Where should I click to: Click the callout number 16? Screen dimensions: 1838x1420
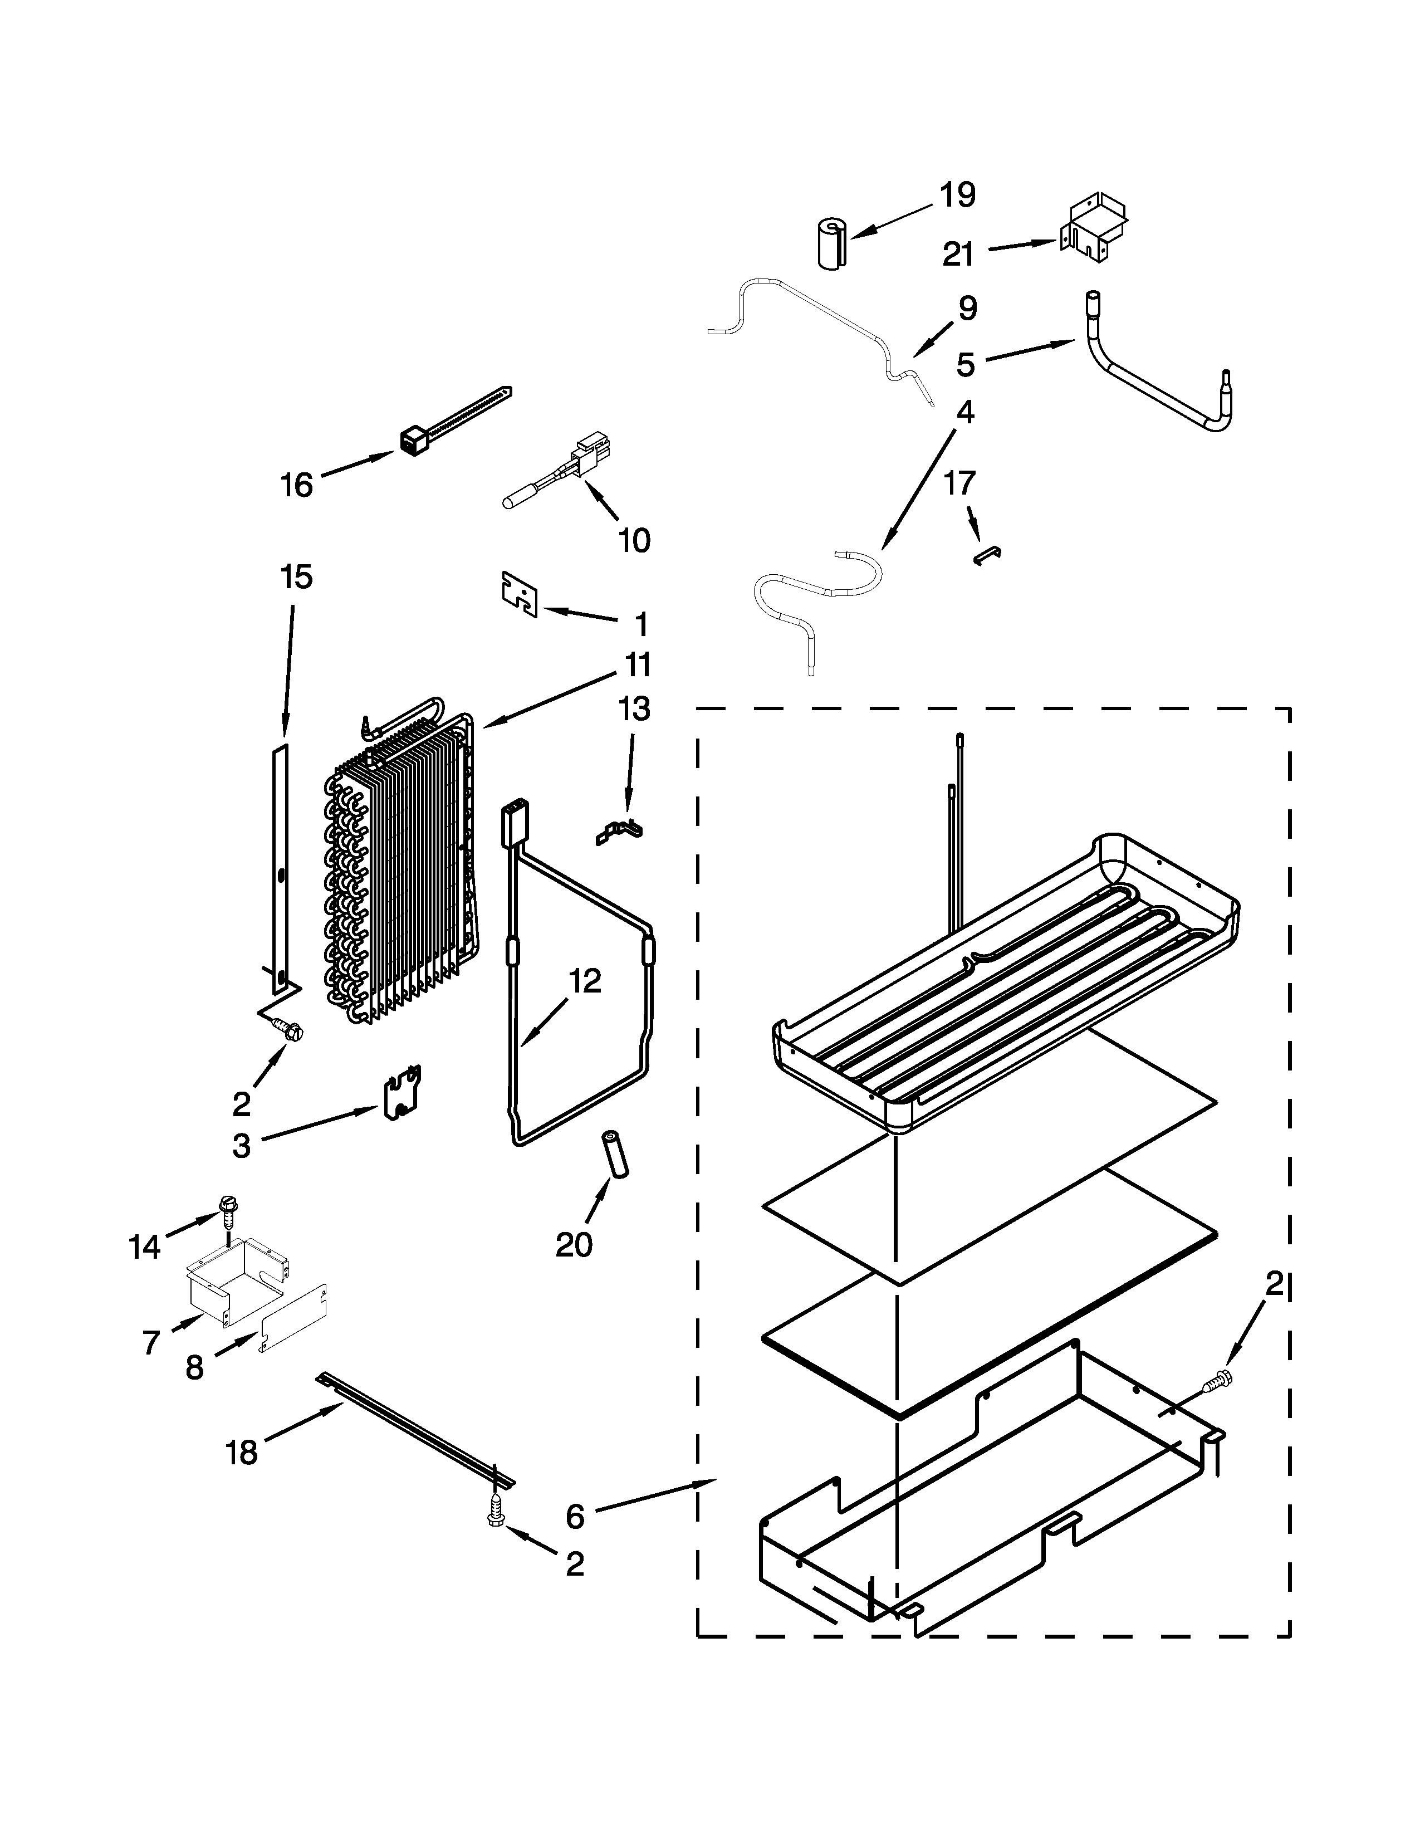(x=296, y=486)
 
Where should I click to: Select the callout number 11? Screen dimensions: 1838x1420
(x=637, y=665)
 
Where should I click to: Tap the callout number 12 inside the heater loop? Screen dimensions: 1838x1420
(x=585, y=980)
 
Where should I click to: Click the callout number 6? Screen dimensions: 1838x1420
(x=575, y=1517)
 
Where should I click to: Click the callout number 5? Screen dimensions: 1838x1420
(x=965, y=364)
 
